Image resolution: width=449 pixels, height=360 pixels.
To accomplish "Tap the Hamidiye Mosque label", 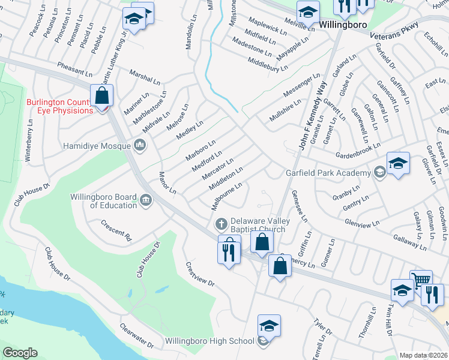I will coord(97,145).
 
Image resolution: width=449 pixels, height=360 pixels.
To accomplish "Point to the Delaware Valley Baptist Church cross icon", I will coord(221,224).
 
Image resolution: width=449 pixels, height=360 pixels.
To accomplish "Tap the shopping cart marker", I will coord(421,280).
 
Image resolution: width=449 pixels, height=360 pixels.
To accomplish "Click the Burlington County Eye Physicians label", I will coord(59,106).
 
